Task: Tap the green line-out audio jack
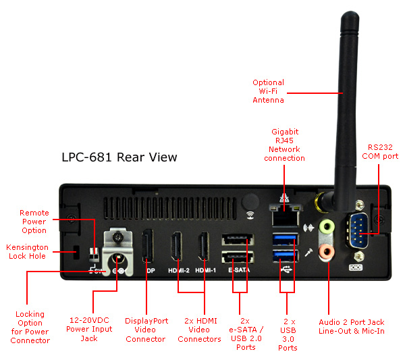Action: point(326,226)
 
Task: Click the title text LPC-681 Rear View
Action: point(119,157)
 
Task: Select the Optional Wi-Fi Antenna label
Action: point(268,91)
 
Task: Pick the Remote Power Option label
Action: point(34,222)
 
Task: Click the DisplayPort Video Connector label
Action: point(146,330)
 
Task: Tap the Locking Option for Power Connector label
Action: point(30,327)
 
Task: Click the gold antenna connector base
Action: point(324,201)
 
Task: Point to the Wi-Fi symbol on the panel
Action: point(250,216)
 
